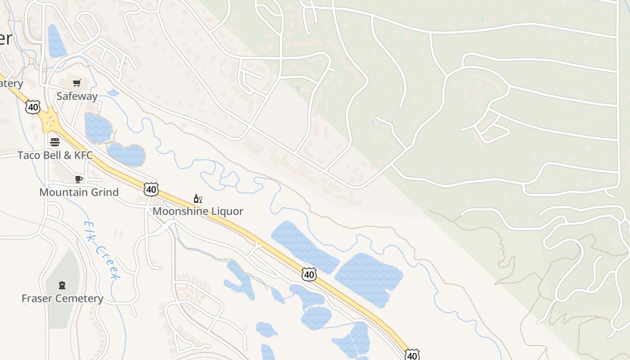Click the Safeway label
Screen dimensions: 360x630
tap(77, 96)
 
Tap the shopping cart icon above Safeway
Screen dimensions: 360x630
tap(77, 83)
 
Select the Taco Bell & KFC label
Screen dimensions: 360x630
tap(55, 155)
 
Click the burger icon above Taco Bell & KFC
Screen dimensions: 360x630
tap(55, 142)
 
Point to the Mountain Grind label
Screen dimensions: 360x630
tap(79, 192)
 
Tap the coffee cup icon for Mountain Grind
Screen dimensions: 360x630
tap(79, 179)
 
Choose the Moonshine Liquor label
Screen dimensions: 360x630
tap(198, 211)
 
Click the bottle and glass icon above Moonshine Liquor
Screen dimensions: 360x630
tap(198, 198)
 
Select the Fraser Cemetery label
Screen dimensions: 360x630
tap(62, 298)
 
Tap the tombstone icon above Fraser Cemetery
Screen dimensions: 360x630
tap(62, 285)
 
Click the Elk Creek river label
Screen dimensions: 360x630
tap(102, 250)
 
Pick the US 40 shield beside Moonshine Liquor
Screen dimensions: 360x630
tap(151, 189)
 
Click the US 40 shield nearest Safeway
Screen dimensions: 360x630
tap(33, 107)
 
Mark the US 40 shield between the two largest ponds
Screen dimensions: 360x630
tap(309, 274)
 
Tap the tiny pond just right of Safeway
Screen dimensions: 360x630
tap(112, 93)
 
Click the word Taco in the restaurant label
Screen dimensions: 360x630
tap(27, 155)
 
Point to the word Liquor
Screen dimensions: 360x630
tap(228, 211)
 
